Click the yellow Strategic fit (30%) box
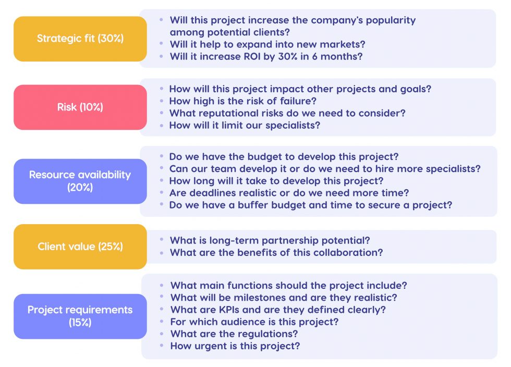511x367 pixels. click(x=80, y=39)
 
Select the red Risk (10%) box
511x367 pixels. click(x=80, y=107)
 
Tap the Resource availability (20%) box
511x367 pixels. click(x=80, y=181)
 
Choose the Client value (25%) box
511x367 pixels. click(x=80, y=247)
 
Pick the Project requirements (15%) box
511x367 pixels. click(x=80, y=316)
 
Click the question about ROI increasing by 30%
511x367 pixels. click(x=265, y=56)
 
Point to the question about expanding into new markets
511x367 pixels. click(x=267, y=44)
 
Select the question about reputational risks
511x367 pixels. click(x=287, y=113)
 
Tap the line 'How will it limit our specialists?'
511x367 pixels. click(x=245, y=125)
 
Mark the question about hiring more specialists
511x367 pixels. click(x=324, y=169)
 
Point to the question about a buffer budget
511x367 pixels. click(x=310, y=205)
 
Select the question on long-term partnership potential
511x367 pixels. click(x=270, y=240)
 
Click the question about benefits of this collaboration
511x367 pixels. click(x=276, y=252)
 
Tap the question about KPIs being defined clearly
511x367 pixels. click(x=278, y=310)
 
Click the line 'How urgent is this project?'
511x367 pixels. click(x=235, y=346)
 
